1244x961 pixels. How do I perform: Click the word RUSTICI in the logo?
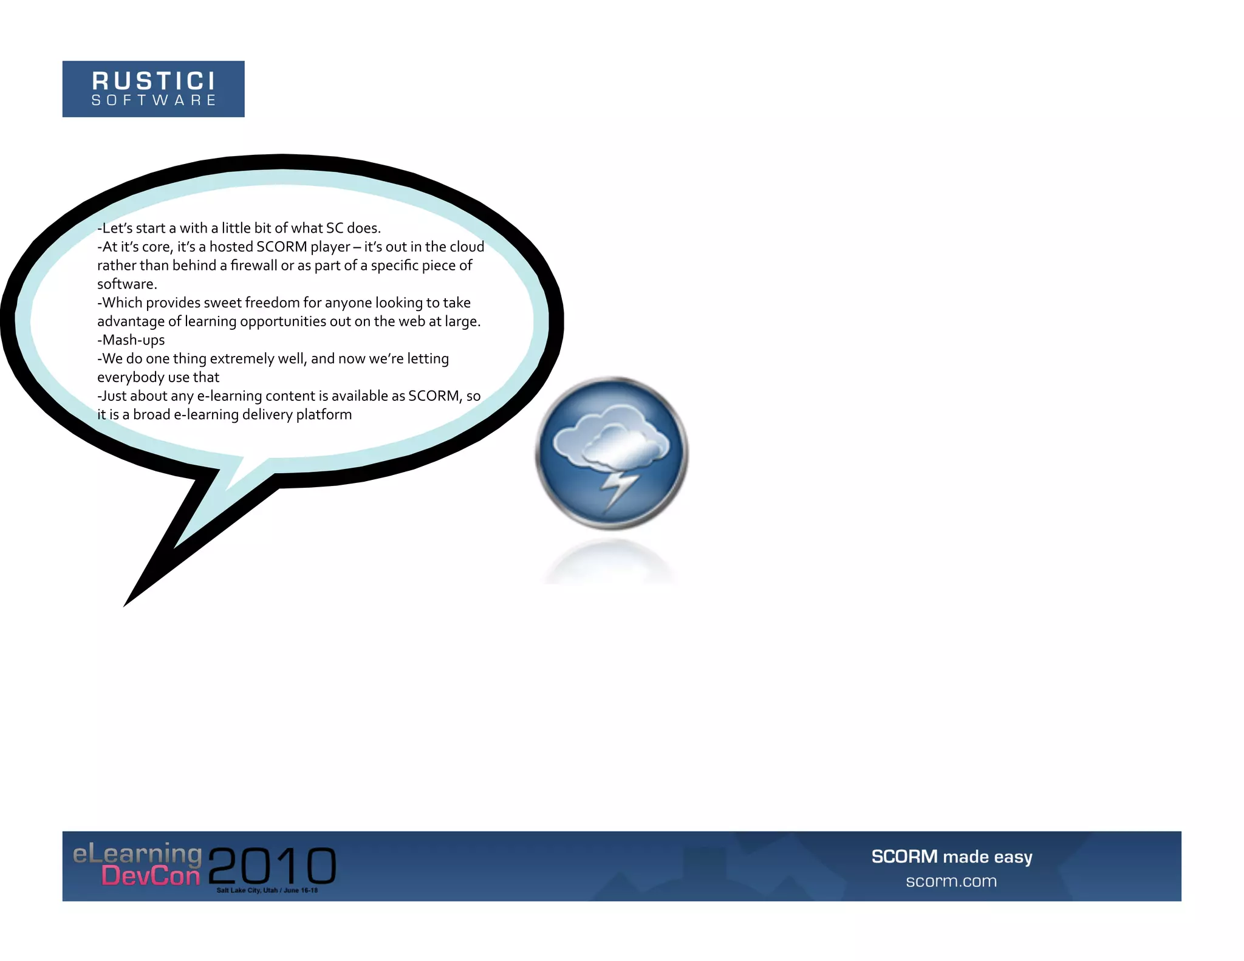(153, 80)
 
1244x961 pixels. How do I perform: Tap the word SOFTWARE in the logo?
(153, 100)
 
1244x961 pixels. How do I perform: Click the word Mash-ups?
(131, 340)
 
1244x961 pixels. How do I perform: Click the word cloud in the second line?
(467, 247)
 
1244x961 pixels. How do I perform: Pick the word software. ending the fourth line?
(127, 284)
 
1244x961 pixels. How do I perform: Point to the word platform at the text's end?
(324, 415)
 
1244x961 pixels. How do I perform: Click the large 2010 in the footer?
(272, 865)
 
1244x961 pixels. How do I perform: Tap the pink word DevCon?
(151, 876)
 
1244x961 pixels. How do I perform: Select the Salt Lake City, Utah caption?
(267, 891)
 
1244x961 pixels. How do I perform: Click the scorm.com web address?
(951, 881)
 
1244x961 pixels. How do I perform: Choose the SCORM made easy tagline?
(951, 857)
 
